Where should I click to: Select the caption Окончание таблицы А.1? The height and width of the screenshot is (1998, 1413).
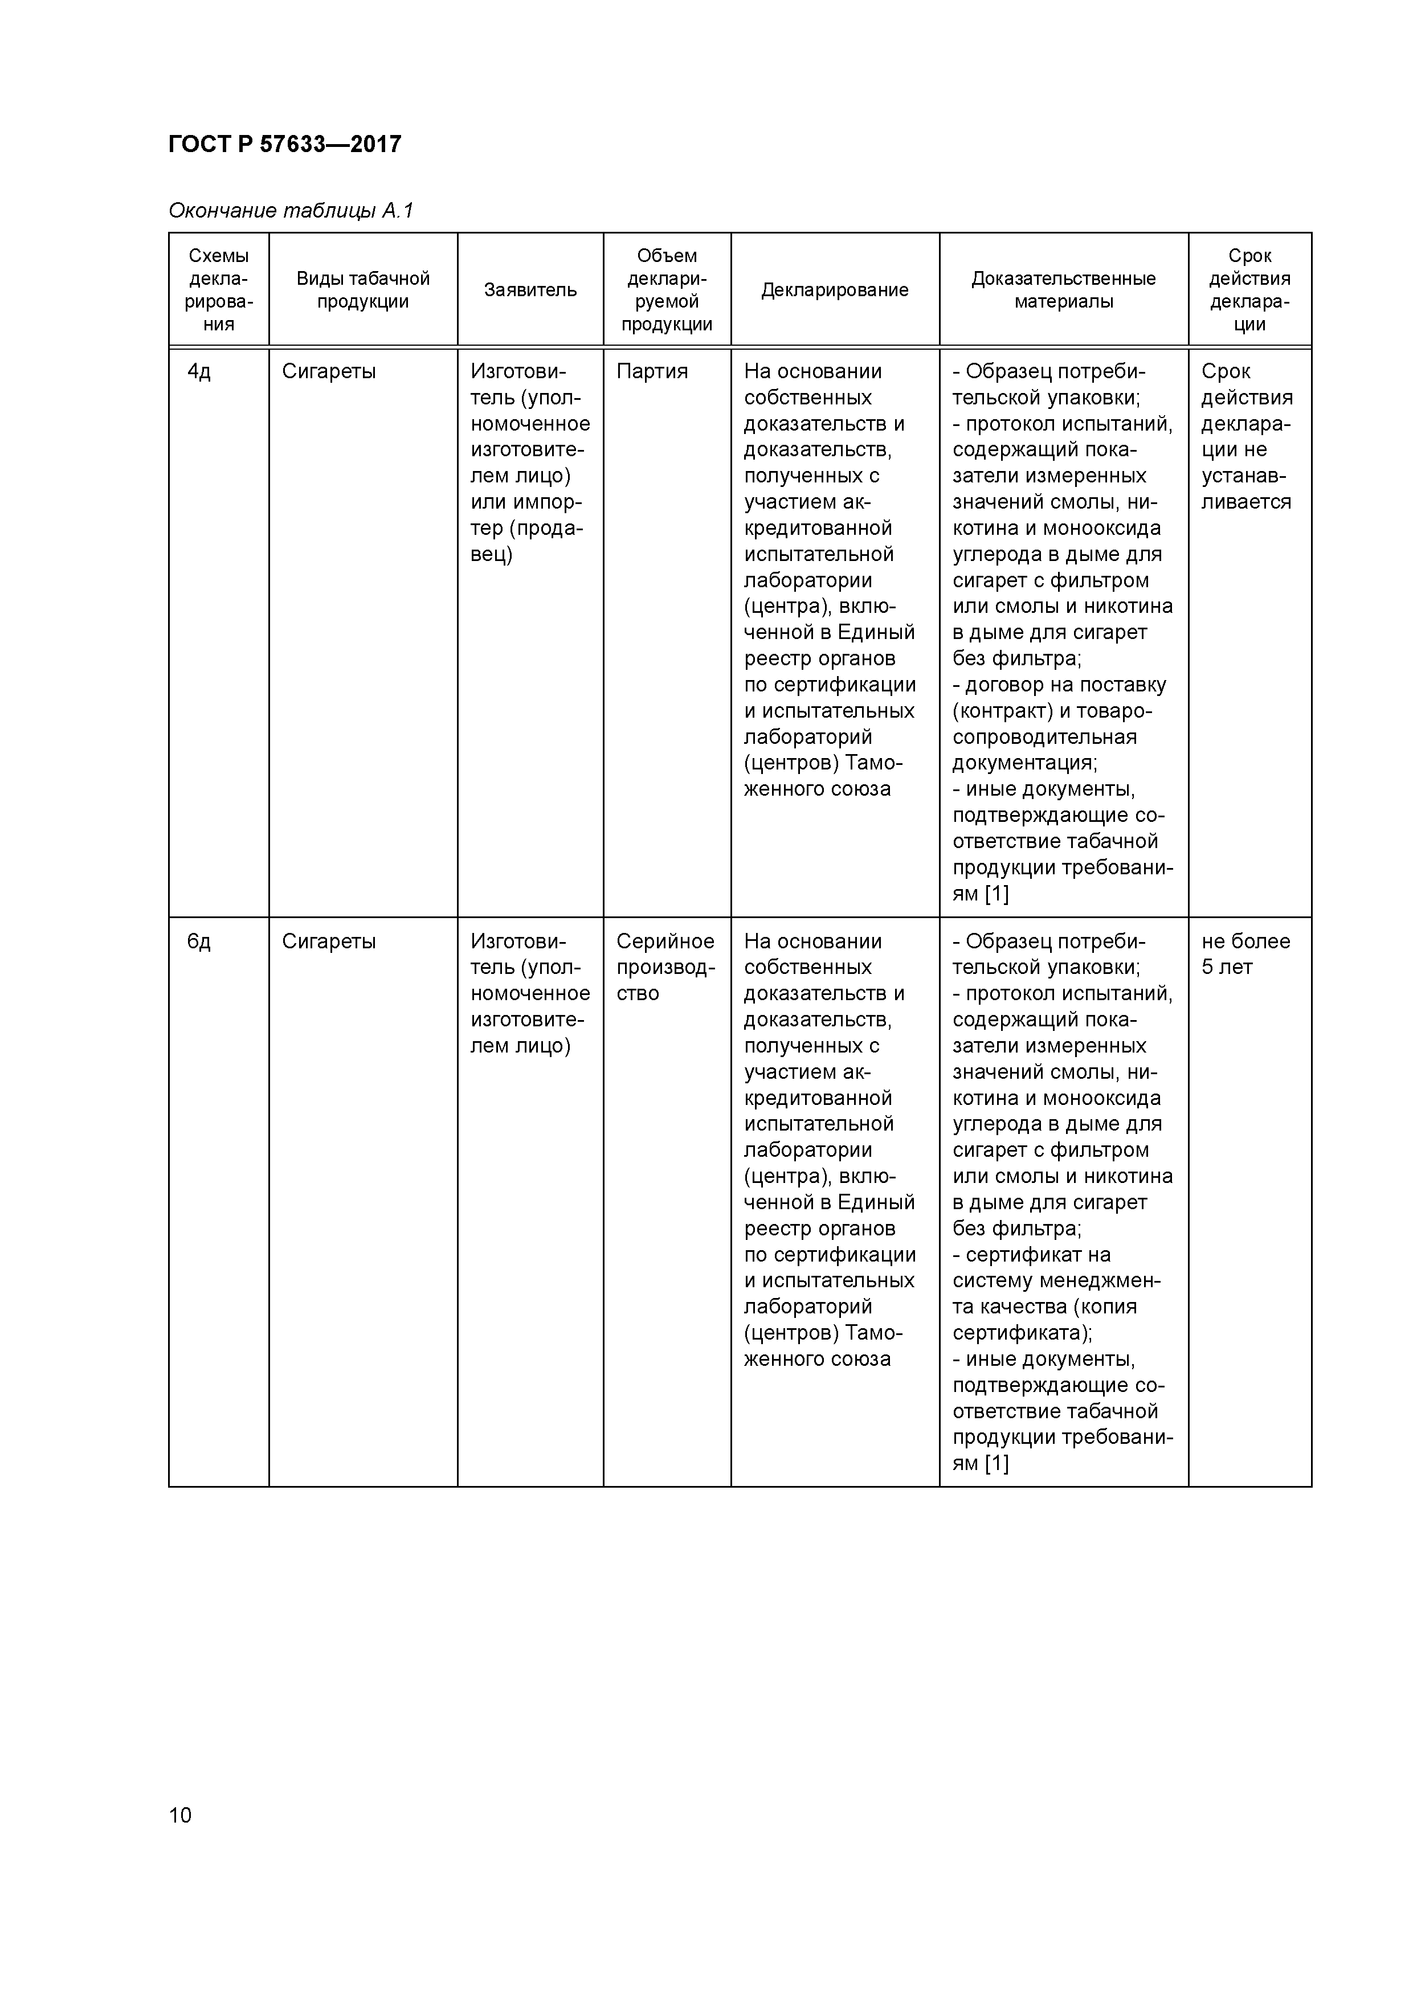291,211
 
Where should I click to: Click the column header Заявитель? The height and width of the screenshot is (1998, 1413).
530,290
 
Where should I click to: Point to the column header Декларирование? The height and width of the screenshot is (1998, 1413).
834,290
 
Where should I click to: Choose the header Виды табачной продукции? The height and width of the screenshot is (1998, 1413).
363,290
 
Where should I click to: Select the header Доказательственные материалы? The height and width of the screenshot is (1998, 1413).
1063,290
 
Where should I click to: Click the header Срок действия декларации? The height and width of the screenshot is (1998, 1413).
1249,290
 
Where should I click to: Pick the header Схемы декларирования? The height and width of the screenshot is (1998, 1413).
219,290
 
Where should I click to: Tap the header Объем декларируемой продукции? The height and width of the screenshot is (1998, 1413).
667,290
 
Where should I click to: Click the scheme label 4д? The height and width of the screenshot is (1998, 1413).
199,371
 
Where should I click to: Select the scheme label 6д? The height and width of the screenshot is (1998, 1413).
199,941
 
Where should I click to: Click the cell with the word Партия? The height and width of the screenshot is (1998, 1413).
652,371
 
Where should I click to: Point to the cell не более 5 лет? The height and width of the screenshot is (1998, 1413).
1245,954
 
